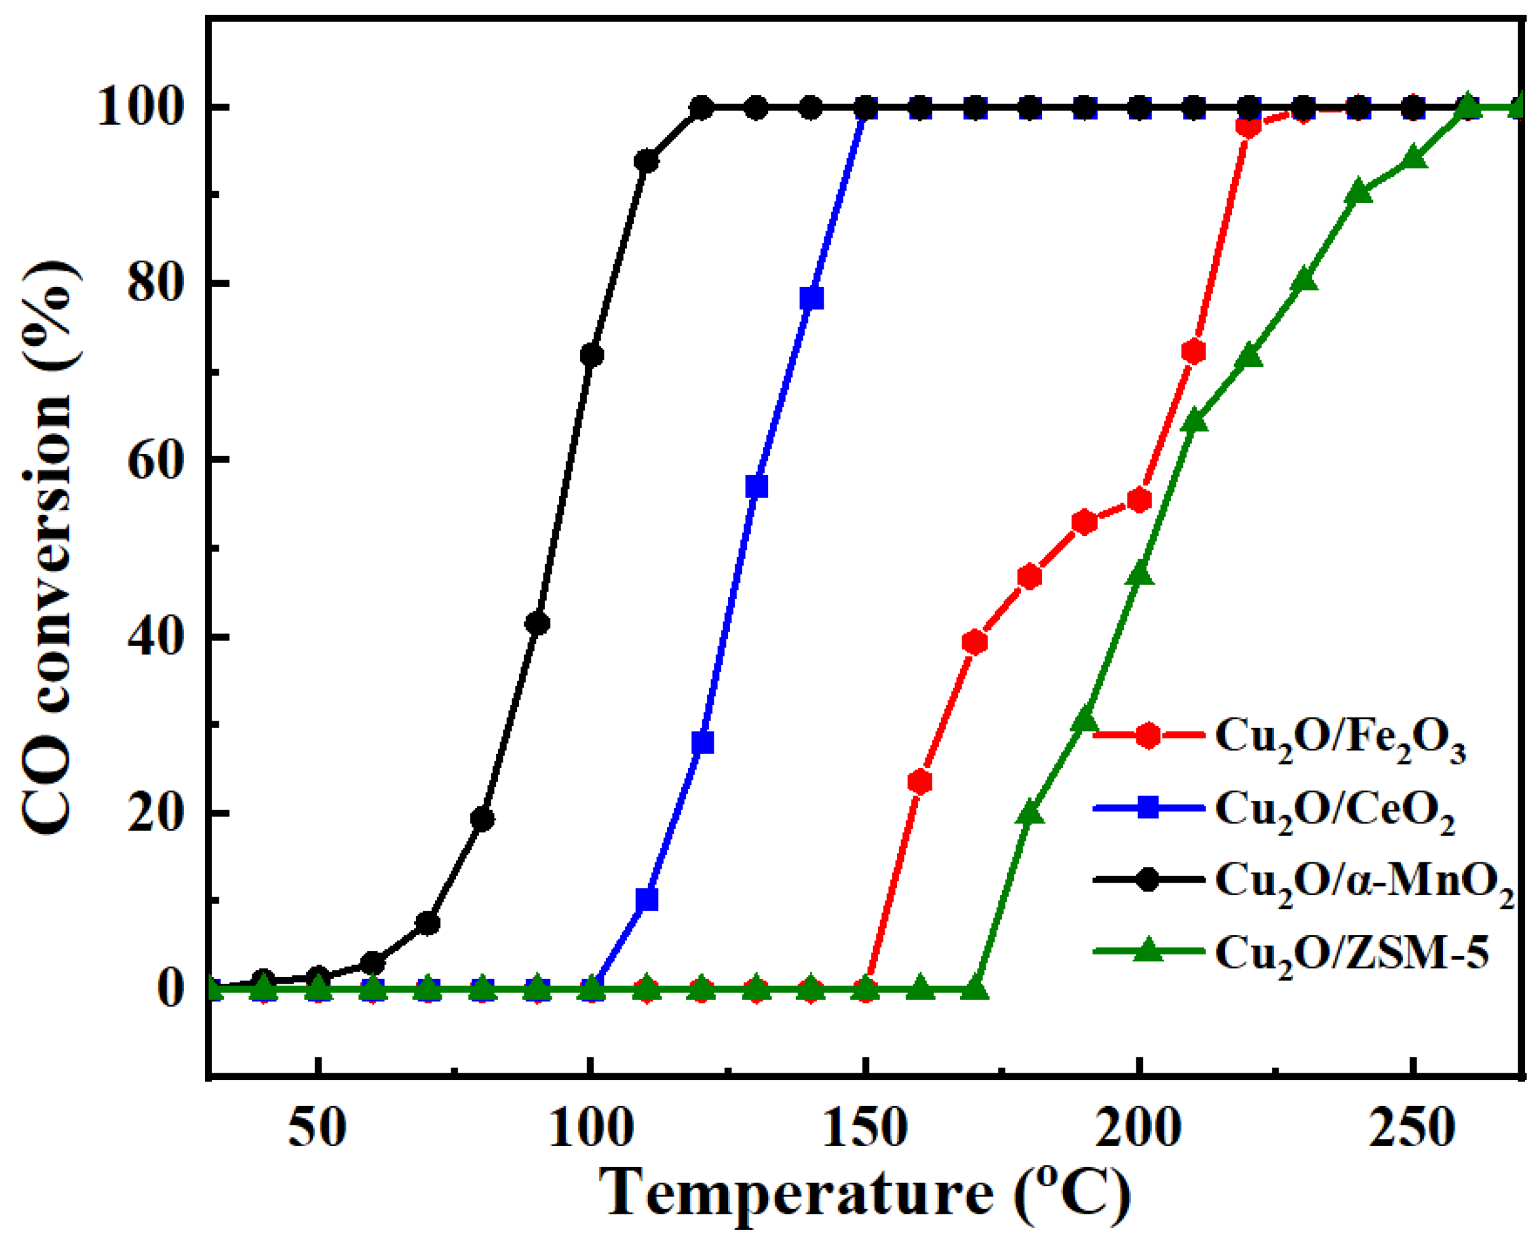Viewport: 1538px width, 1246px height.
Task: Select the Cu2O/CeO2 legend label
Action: (x=1334, y=811)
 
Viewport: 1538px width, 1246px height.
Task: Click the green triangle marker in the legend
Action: (x=1149, y=950)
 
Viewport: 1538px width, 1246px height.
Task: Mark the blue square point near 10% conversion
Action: (x=647, y=899)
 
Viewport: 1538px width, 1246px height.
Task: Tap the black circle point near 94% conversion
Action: (x=647, y=161)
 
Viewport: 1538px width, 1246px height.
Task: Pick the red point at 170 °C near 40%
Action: (x=974, y=642)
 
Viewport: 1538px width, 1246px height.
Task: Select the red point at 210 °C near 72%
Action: (x=1193, y=352)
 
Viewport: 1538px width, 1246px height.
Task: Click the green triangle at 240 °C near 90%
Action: (x=1357, y=192)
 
